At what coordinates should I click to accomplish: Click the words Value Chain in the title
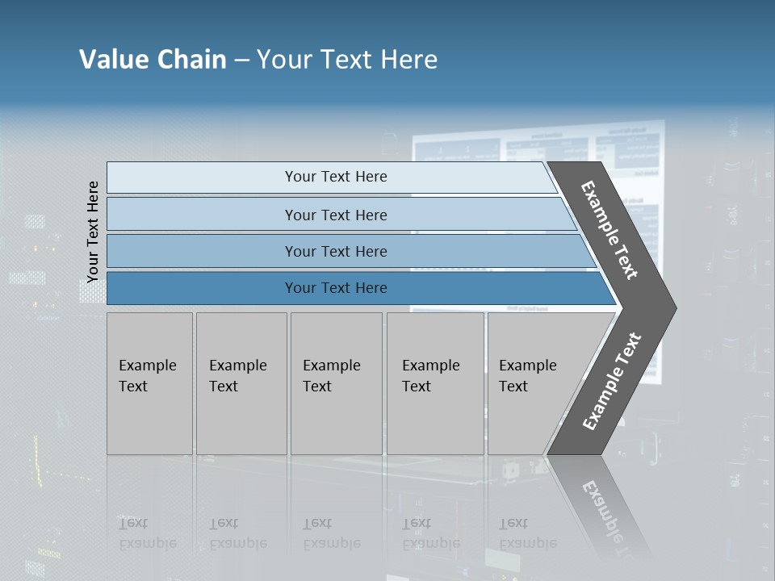(153, 60)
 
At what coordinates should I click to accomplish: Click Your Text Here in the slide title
(347, 60)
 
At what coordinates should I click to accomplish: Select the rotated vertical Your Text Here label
(93, 232)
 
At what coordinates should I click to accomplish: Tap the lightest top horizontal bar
(335, 177)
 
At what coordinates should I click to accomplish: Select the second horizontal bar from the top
(335, 215)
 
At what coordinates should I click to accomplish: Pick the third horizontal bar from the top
(335, 251)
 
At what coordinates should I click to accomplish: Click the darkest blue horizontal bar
(335, 288)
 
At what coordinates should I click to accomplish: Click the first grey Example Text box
(149, 383)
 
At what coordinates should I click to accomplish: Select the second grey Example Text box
(241, 383)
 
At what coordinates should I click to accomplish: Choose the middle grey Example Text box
(336, 383)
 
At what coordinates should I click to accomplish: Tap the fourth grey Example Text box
(434, 383)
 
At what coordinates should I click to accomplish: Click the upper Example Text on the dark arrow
(610, 230)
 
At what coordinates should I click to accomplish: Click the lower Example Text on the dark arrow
(612, 382)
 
